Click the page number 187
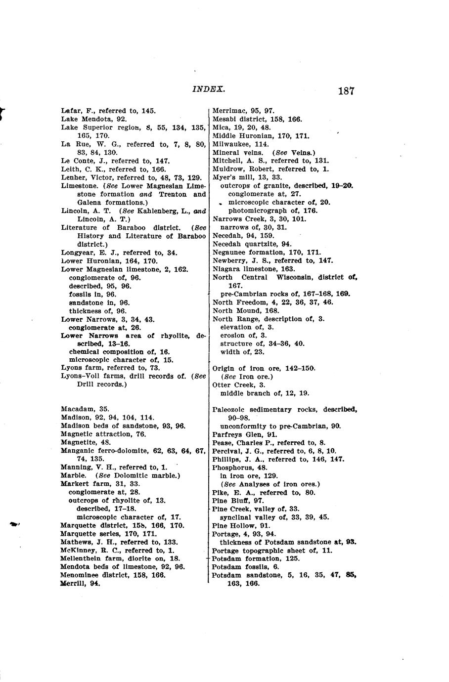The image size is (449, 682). coord(346,91)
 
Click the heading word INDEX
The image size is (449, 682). coord(208,89)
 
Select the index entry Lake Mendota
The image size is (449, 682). coord(93,119)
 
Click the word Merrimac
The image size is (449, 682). coord(228,111)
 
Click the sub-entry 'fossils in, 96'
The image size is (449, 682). coord(92,295)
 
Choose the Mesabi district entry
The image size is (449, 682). coord(257,119)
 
